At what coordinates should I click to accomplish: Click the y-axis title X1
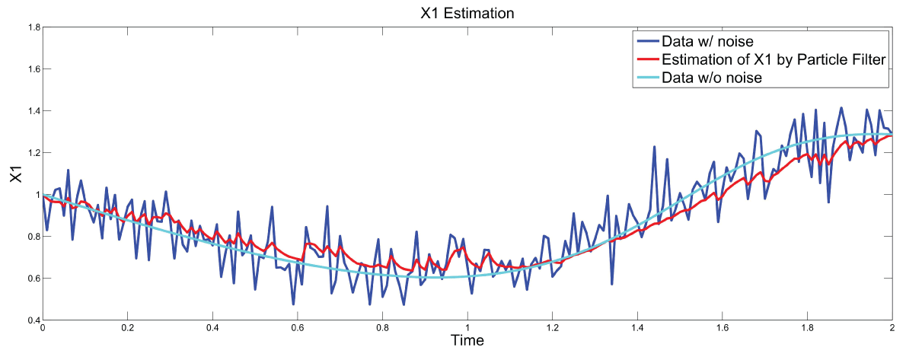click(16, 174)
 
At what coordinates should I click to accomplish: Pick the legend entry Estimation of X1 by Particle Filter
click(774, 59)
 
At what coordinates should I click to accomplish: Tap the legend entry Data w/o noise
click(712, 78)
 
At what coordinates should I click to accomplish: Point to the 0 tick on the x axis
click(43, 328)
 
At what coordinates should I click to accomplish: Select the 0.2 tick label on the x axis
click(128, 328)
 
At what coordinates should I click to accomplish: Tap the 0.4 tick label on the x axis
click(212, 328)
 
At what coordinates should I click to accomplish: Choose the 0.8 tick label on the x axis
click(382, 328)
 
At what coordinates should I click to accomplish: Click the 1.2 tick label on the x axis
click(552, 328)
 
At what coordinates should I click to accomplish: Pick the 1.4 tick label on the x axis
click(637, 328)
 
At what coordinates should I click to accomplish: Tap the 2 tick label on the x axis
click(892, 328)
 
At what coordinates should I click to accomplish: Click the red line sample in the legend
click(646, 59)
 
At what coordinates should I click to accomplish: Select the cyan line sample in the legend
click(646, 78)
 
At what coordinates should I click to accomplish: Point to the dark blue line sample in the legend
click(646, 40)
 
